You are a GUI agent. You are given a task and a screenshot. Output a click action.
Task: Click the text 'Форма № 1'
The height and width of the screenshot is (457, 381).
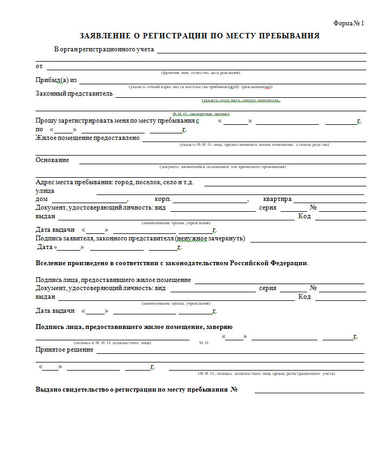(349, 23)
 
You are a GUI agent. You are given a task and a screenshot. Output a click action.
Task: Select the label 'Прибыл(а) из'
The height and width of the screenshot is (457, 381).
(56, 80)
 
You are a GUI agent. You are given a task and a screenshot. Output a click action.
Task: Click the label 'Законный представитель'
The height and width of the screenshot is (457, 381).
(74, 93)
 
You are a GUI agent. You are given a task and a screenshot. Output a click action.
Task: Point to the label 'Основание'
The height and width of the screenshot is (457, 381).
(52, 160)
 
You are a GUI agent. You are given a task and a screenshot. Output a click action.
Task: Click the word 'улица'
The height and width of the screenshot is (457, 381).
(45, 191)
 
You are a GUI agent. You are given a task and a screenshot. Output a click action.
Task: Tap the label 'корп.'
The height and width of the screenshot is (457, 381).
(162, 199)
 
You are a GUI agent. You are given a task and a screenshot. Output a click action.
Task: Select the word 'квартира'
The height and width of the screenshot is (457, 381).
(277, 199)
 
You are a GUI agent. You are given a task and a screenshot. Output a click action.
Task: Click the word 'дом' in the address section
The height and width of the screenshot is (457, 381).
(42, 199)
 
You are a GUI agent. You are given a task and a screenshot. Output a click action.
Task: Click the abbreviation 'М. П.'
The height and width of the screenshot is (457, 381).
(204, 343)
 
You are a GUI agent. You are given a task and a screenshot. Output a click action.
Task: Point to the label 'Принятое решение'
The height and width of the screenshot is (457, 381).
(64, 350)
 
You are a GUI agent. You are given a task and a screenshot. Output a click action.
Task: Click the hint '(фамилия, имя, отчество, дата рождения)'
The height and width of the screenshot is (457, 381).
(200, 73)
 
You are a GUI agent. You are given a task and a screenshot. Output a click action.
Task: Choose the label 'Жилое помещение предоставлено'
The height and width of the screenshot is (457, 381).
(87, 138)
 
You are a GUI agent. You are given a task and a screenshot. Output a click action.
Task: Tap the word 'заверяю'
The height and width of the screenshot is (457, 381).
(218, 327)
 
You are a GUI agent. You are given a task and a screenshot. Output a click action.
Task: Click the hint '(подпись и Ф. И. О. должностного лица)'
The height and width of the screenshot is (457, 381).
(112, 343)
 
